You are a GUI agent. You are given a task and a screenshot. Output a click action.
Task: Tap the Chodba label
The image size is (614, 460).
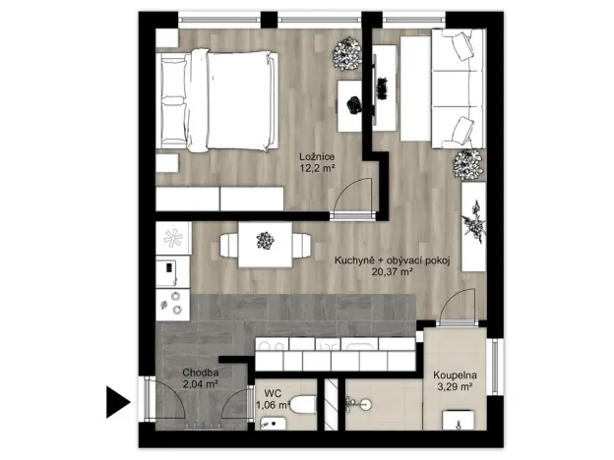(x=200, y=374)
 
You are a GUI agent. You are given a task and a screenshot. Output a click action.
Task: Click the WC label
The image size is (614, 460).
(x=266, y=390)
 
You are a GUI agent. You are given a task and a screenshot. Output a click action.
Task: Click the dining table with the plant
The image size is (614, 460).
(x=263, y=240)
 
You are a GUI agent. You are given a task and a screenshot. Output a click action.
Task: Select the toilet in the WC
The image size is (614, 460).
(x=305, y=404)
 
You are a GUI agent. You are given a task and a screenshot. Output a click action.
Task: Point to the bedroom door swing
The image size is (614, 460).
(x=351, y=197)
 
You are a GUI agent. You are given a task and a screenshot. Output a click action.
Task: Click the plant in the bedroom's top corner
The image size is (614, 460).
(x=346, y=55)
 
